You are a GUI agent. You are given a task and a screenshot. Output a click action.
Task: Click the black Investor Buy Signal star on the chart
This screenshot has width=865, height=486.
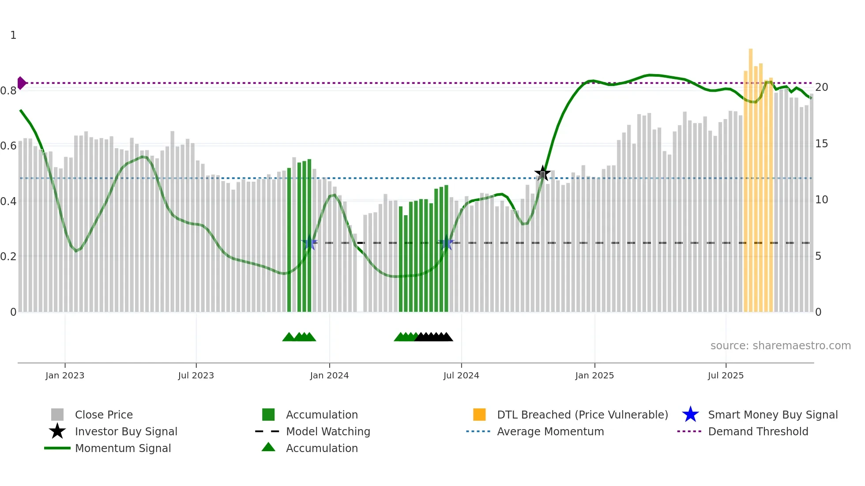[x=542, y=173]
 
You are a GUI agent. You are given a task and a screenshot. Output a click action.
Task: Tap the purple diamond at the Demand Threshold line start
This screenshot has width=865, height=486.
[x=21, y=83]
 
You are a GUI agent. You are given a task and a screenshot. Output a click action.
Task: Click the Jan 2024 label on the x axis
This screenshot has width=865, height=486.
[x=329, y=375]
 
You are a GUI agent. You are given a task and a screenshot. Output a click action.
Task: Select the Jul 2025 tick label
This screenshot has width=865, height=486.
[x=726, y=375]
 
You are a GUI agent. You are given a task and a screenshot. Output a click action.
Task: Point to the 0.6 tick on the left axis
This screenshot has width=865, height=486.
[x=8, y=146]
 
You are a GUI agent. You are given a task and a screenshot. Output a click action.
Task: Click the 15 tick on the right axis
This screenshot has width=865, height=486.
[x=821, y=144]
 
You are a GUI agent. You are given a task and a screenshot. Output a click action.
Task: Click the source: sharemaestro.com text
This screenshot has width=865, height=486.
[x=780, y=345]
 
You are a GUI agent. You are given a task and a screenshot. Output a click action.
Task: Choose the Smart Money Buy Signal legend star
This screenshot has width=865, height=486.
[x=690, y=415]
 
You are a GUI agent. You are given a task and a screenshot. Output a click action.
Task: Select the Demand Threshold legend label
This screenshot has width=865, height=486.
[x=758, y=431]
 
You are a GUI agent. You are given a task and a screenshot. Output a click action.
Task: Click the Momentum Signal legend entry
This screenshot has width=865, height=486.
[x=123, y=448]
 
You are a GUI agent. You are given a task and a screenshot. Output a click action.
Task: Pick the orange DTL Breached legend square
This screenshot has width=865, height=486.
[x=479, y=415]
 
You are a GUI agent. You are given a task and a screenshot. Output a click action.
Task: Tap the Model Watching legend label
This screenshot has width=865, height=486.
[x=328, y=431]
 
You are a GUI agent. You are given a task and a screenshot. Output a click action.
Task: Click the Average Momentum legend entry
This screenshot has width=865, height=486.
[x=550, y=431]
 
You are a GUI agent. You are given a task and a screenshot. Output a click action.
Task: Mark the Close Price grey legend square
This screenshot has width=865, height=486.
[x=57, y=415]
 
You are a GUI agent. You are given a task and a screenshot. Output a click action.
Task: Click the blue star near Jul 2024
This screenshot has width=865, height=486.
[x=446, y=243]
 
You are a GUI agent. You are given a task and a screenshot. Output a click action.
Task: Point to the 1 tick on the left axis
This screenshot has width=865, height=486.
[x=13, y=35]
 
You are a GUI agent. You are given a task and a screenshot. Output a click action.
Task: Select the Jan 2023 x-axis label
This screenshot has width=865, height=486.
[x=64, y=375]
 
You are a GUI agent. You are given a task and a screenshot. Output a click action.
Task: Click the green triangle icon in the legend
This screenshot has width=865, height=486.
[x=268, y=447]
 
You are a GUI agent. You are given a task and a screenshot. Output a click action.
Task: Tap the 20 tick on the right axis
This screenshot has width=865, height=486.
[x=821, y=87]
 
